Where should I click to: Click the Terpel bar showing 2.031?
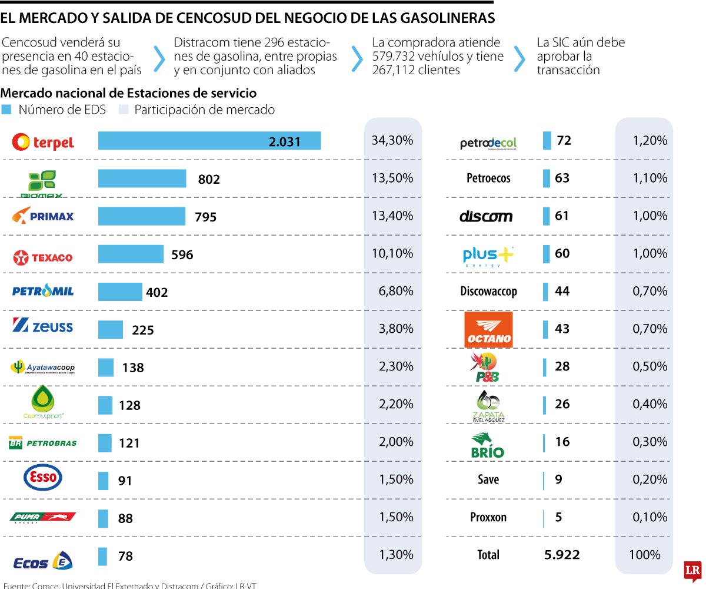tap(209, 141)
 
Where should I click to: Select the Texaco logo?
tap(43, 257)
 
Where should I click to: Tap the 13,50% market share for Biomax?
tap(392, 178)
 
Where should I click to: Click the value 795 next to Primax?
tap(205, 217)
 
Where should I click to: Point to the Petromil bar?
tap(120, 292)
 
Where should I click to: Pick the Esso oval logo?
tap(42, 478)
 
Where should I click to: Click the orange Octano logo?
tap(488, 330)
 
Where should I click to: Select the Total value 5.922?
tap(562, 554)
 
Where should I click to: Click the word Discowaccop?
tap(488, 291)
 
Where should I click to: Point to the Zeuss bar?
tap(111, 329)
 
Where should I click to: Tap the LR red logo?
tap(692, 570)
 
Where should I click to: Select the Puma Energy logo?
tap(42, 517)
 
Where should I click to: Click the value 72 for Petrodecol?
tap(564, 140)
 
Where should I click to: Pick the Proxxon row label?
tap(488, 517)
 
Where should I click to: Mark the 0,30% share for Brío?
tap(650, 442)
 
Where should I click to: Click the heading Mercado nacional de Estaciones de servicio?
tap(129, 93)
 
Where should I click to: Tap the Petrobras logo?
tap(42, 443)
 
